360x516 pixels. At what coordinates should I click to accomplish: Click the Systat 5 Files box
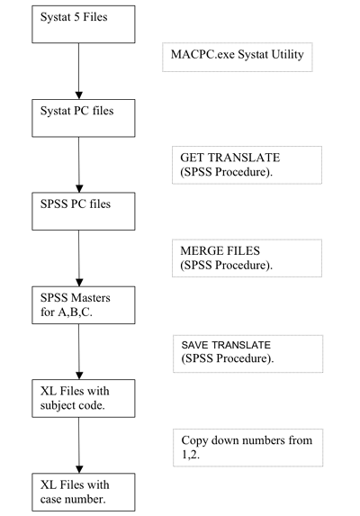click(84, 24)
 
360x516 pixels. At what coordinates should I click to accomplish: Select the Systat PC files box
click(84, 118)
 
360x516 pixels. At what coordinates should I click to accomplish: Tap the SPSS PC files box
click(84, 212)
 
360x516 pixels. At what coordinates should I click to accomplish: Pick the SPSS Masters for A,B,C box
click(84, 305)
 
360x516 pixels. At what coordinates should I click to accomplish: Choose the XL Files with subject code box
click(84, 399)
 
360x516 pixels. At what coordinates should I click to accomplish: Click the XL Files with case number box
click(84, 493)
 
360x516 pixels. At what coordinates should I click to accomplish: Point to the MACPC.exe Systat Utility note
click(238, 58)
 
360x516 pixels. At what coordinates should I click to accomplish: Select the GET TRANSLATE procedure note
click(247, 165)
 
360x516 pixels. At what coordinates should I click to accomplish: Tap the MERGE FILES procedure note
click(247, 258)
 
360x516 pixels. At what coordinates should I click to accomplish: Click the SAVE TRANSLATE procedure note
click(248, 354)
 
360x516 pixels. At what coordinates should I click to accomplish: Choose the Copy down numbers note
click(248, 448)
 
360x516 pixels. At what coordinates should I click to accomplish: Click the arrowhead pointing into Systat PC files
click(79, 95)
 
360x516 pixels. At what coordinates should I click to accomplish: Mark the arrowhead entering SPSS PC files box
click(79, 188)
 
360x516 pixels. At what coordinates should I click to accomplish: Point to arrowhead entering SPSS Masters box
click(79, 282)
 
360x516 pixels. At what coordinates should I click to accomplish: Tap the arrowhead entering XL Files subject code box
click(79, 376)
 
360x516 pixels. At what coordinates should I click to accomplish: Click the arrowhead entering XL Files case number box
click(79, 469)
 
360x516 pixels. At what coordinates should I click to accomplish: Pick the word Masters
click(90, 298)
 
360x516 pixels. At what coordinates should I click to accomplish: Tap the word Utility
click(287, 55)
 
